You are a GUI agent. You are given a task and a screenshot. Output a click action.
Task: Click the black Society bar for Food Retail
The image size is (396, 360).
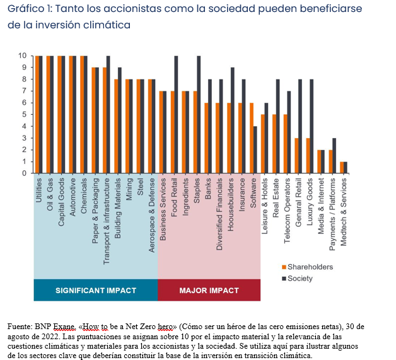coord(176,114)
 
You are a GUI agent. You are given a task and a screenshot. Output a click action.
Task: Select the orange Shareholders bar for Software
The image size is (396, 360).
coord(252,138)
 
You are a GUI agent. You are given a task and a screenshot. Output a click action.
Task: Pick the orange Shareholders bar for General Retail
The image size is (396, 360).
coord(297,155)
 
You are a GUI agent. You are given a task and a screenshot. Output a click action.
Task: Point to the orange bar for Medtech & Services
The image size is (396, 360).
coord(342,167)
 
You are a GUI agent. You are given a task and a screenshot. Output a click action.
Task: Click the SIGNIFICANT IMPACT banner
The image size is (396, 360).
coord(96,291)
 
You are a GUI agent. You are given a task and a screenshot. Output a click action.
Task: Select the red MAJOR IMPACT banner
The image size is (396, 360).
coord(209,291)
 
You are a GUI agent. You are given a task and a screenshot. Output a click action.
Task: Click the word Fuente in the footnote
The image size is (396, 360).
coord(20,327)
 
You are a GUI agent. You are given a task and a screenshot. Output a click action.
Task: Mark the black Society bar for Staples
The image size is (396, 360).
coord(199,114)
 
